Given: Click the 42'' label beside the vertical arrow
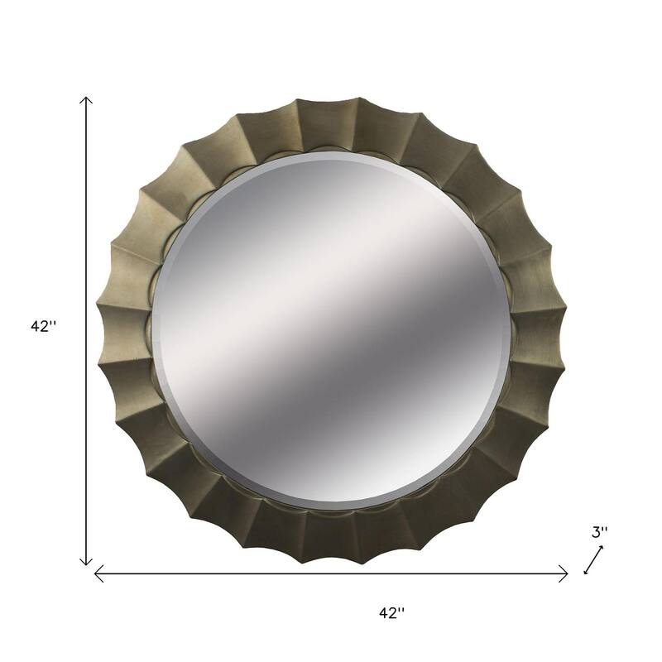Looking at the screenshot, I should (x=43, y=327).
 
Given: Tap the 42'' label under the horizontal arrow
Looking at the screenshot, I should (x=391, y=613).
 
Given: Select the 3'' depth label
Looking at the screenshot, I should (x=600, y=532).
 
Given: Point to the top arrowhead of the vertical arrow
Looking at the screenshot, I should (x=85, y=98).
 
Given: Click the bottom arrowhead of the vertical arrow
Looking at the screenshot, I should (x=85, y=564).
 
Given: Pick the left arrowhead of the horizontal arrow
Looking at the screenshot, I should (x=98, y=572).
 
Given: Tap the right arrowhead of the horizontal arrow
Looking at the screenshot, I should (x=566, y=572).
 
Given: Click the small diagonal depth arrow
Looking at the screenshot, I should (x=593, y=559).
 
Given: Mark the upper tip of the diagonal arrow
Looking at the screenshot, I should (x=602, y=547).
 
